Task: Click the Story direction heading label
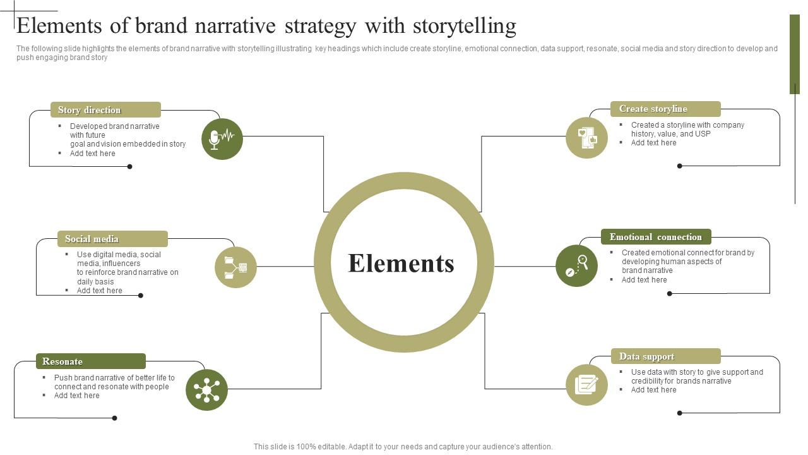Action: click(90, 110)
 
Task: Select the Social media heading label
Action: click(92, 239)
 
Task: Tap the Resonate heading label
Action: click(62, 361)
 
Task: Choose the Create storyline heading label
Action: click(653, 109)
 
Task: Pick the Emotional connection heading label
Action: click(655, 237)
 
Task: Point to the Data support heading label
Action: click(646, 356)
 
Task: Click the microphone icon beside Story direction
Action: click(222, 138)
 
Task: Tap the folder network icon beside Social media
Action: click(235, 267)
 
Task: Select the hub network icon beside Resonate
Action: click(206, 390)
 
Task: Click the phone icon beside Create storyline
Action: click(586, 138)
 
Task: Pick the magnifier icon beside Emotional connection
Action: click(576, 265)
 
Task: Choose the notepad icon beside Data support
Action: click(586, 384)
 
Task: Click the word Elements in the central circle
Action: click(401, 264)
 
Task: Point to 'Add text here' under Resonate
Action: click(76, 396)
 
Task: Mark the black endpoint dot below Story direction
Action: click(130, 167)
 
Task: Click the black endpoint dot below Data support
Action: click(679, 413)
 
